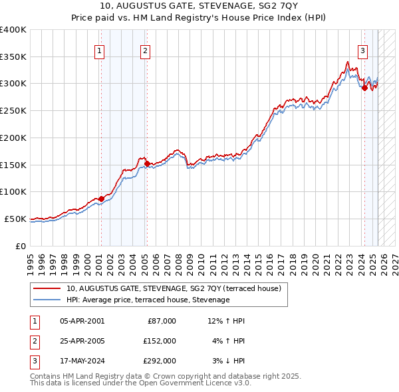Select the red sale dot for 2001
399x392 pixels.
tap(101, 199)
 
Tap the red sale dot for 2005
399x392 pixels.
tap(147, 163)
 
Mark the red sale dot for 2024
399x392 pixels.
tap(364, 88)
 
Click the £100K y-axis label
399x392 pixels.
tap(13, 191)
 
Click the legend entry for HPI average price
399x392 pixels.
tap(148, 300)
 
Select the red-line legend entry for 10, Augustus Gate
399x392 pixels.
tap(174, 288)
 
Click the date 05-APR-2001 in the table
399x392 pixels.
tap(82, 321)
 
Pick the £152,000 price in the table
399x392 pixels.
tap(160, 341)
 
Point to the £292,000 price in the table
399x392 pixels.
tap(160, 361)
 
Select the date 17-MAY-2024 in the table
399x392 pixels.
tap(82, 361)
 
